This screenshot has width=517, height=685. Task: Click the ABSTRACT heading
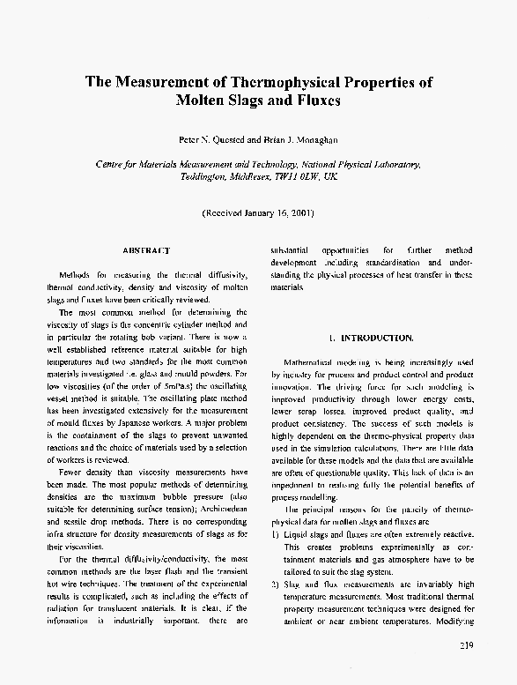[145, 250]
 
